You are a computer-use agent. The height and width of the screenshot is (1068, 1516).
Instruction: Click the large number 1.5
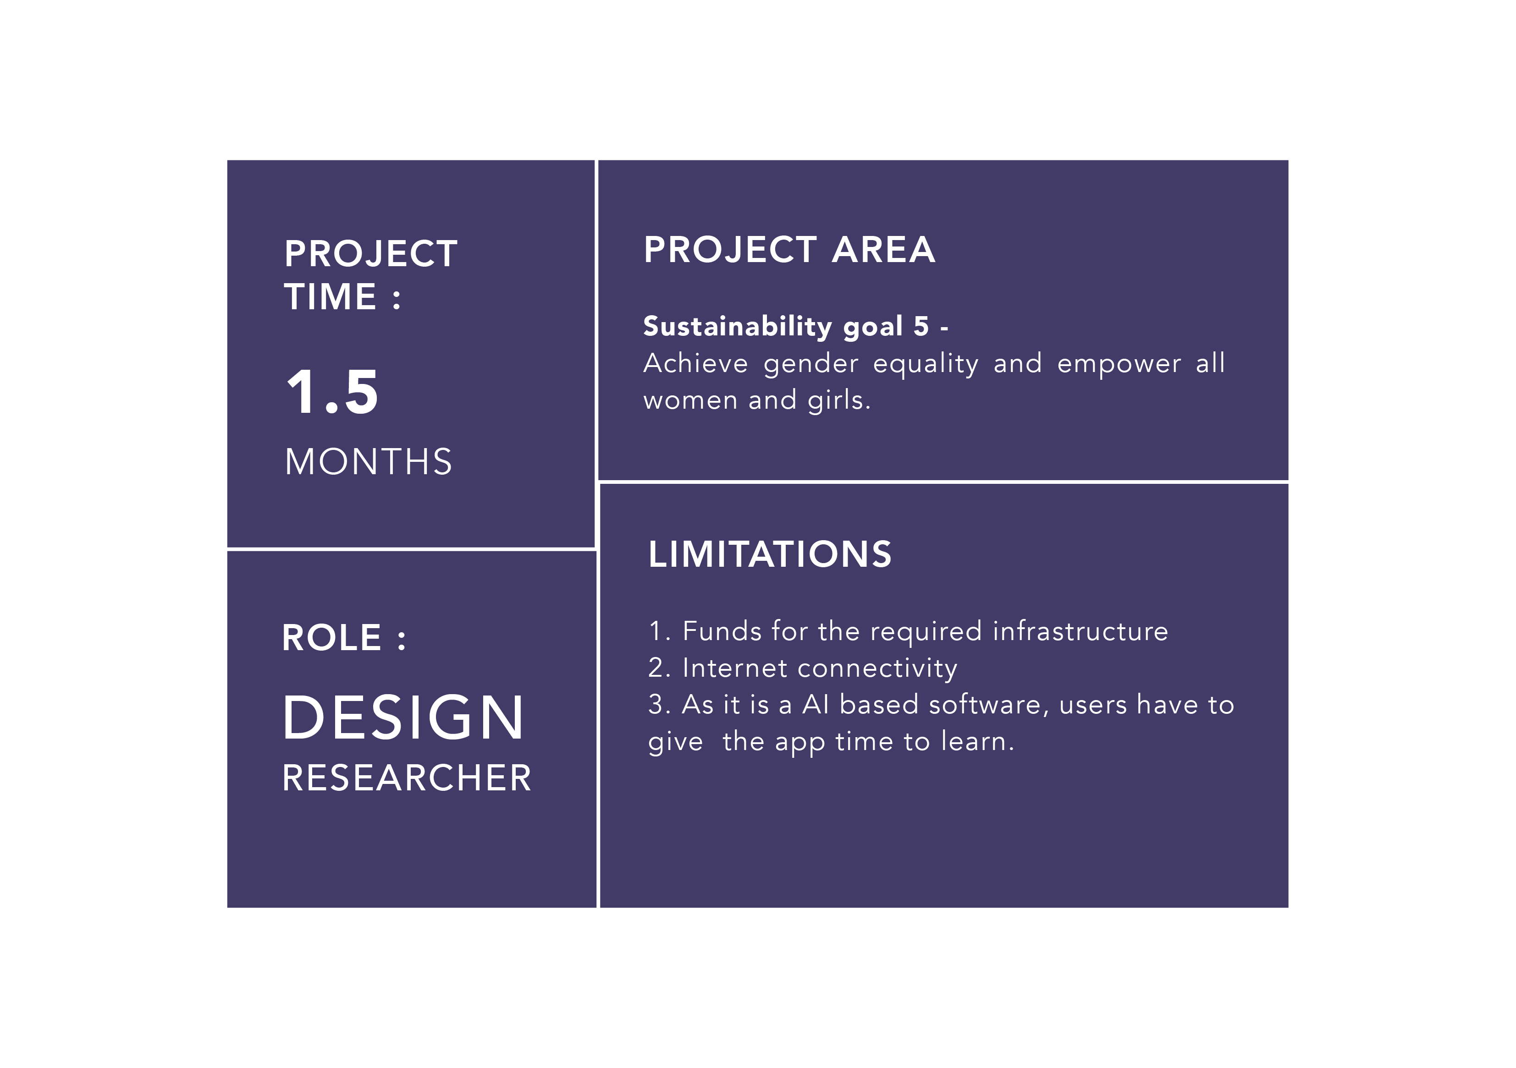tap(332, 392)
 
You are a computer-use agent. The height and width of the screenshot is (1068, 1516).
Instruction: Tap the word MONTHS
tap(369, 461)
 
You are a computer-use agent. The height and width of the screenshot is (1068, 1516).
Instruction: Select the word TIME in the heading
tap(330, 296)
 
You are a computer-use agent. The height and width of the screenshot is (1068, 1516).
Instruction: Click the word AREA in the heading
tap(883, 250)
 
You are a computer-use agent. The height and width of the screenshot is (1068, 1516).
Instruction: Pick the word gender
tap(811, 364)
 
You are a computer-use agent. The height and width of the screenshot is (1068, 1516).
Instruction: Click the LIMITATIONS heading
tap(770, 554)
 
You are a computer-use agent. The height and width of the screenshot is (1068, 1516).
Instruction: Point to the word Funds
tap(722, 631)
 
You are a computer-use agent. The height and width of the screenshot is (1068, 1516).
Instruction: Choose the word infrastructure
tap(1080, 631)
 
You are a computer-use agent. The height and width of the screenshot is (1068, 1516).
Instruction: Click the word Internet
tap(735, 668)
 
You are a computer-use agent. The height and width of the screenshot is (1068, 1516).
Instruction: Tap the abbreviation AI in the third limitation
tap(816, 705)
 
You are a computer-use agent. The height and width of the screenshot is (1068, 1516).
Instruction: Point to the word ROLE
tap(331, 638)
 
